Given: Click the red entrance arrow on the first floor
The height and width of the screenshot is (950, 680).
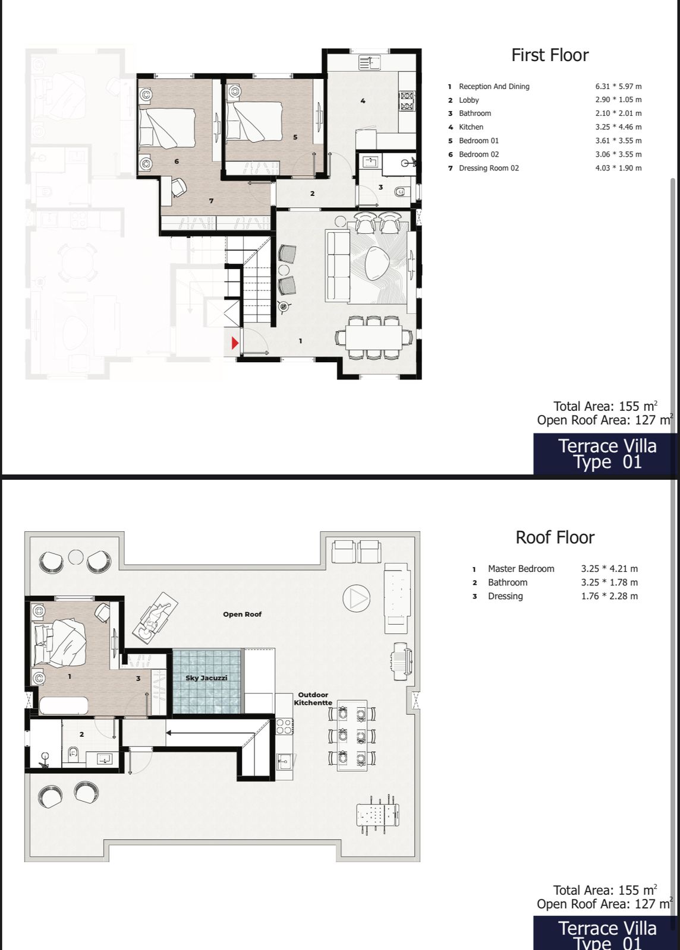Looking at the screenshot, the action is [x=235, y=343].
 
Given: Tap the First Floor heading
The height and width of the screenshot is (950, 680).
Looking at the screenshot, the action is [x=550, y=55].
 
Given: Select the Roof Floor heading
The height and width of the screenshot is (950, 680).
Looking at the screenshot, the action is [x=555, y=538].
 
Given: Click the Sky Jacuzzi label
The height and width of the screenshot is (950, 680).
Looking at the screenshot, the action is [x=206, y=677].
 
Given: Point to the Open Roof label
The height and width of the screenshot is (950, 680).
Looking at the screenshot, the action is [x=242, y=614].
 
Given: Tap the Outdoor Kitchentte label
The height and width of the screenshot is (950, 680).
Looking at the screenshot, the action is [x=313, y=698].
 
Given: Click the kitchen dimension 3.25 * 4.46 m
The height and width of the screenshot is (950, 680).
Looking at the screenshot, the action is [x=618, y=127].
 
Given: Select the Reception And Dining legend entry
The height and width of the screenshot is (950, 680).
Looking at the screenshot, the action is [x=494, y=87].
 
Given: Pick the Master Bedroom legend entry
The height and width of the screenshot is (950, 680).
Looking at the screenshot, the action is [x=521, y=569].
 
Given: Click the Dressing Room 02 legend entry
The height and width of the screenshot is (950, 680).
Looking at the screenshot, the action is [x=489, y=168].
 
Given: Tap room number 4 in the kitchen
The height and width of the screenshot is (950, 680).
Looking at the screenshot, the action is [x=363, y=101].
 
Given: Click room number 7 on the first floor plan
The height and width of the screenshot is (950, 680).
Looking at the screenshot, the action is [x=212, y=201].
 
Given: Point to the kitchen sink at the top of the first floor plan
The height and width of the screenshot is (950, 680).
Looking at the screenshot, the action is [x=369, y=62].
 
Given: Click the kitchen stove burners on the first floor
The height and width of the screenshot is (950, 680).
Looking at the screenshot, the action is [x=406, y=101].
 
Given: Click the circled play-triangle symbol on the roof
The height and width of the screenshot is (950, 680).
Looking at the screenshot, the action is [x=356, y=598].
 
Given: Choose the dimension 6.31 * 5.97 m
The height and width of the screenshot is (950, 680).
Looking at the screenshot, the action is [x=618, y=87].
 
